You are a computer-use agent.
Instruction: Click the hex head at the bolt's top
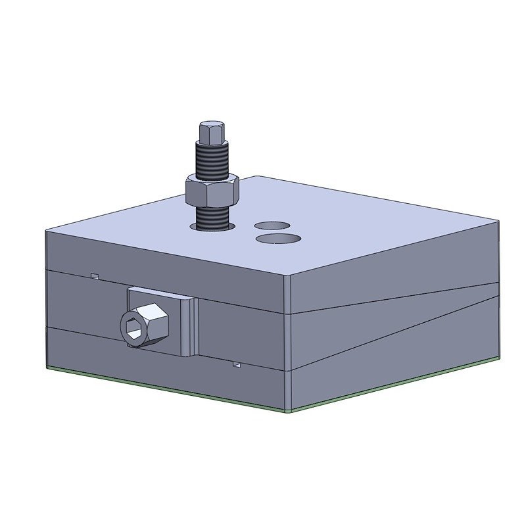click(211, 133)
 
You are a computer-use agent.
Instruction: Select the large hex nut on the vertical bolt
click(211, 191)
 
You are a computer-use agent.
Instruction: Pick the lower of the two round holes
click(277, 237)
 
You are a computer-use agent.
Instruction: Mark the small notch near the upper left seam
click(95, 275)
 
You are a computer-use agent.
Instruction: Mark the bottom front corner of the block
click(289, 410)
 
